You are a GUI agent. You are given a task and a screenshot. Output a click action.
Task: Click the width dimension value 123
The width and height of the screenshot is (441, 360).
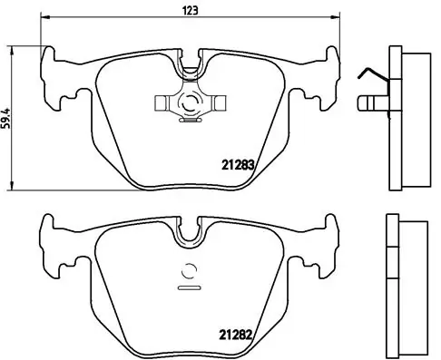tap(191, 11)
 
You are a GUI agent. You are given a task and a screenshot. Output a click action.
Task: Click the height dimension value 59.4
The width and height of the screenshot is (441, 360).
tap(6, 118)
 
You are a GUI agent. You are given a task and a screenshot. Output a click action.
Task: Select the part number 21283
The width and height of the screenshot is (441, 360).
tap(238, 165)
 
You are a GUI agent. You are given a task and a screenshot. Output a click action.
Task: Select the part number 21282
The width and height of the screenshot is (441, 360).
tap(236, 335)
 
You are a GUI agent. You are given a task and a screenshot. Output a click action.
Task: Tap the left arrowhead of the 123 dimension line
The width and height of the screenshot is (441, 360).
tap(44, 17)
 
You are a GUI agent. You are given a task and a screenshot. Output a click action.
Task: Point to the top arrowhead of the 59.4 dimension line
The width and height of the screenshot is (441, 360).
tap(12, 51)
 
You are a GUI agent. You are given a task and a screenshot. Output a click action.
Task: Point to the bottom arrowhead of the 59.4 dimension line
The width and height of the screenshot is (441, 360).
tap(12, 186)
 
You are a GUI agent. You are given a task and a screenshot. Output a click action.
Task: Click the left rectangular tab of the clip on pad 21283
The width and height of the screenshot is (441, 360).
tap(161, 102)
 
